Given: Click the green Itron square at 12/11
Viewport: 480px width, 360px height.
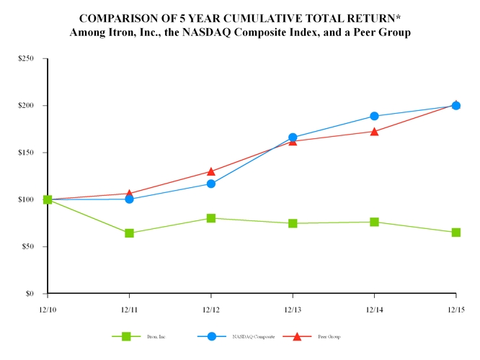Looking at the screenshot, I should [129, 233].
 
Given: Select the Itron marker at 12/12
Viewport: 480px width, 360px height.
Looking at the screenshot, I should [210, 217].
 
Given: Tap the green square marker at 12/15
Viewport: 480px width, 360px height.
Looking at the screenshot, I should [455, 233].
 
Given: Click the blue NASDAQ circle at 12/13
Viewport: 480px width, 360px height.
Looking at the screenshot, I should [293, 137].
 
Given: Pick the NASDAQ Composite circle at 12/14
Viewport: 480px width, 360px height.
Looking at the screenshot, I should [374, 116].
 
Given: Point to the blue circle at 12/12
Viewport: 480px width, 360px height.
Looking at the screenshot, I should [210, 184].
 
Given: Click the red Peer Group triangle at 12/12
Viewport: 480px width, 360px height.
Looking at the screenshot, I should [210, 171].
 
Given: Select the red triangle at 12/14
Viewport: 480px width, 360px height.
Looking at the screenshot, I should [374, 131].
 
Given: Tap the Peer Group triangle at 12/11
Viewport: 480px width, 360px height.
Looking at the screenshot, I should [129, 193].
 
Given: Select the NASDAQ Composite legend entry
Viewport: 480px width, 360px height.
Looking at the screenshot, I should [250, 337].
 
